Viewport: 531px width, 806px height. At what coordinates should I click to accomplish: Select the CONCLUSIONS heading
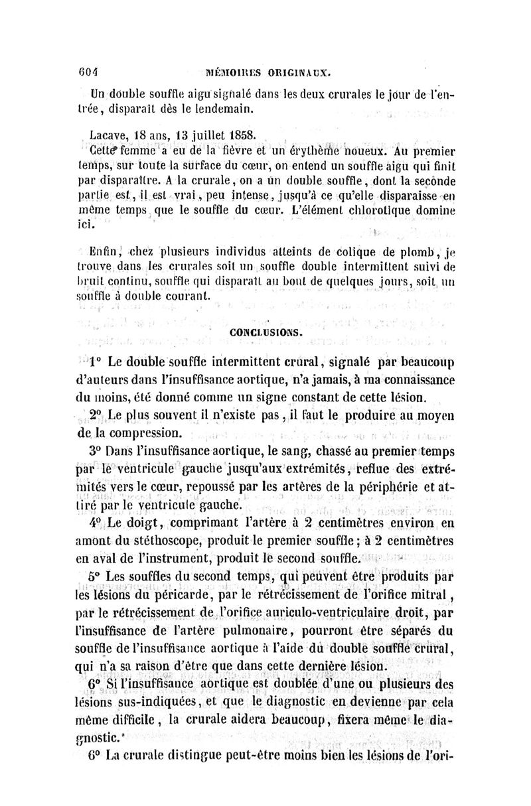[x=266, y=333]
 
